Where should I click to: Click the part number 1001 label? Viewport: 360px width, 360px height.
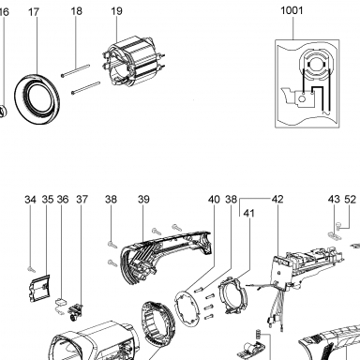coord(292,10)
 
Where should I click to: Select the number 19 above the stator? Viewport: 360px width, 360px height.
coord(116,11)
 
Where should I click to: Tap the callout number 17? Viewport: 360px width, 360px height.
coord(34,12)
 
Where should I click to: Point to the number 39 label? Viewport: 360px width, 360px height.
coord(143,199)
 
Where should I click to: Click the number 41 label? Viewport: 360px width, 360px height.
coord(248,213)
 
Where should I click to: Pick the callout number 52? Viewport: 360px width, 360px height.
coord(350,199)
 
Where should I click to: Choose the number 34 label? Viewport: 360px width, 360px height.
coord(30,199)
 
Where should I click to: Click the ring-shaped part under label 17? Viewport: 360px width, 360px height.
coord(37,98)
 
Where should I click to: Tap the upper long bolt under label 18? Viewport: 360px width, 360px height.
coord(75,70)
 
